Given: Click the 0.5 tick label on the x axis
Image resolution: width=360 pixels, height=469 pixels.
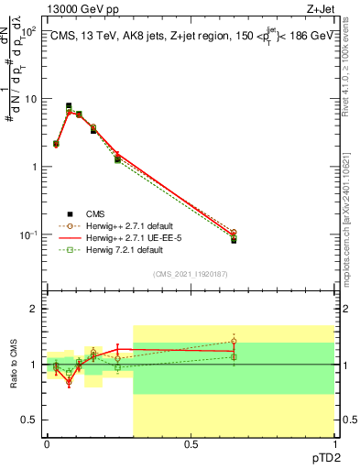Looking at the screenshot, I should [191, 444].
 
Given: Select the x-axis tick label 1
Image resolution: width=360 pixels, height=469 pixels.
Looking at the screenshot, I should [333, 444].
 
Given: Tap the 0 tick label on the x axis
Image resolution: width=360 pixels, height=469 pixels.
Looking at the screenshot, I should [47, 444].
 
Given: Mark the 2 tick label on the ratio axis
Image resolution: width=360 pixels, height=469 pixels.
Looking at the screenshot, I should [34, 309].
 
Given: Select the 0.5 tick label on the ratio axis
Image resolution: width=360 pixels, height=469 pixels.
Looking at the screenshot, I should [29, 420].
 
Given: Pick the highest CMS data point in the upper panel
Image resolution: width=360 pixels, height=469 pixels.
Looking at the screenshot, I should [69, 106].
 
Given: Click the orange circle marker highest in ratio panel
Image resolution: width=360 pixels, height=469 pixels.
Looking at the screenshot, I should [234, 341].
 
